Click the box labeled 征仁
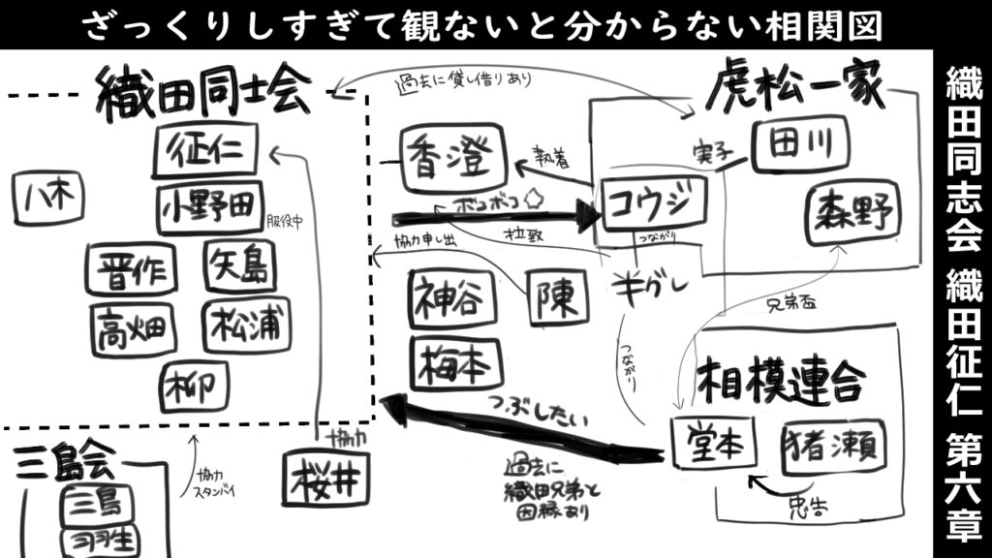coord(205,151)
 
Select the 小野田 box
coord(208,207)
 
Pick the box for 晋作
coord(130,270)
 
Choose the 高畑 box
coord(133,328)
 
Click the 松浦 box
coord(246,325)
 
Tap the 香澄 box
coord(454,158)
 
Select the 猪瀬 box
coord(831,447)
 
